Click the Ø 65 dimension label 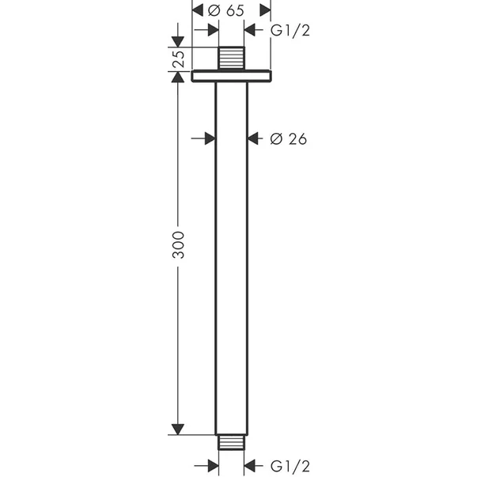[226, 10]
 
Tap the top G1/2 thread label [290, 30]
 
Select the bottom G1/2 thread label [290, 466]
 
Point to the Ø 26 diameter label [289, 139]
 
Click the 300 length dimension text [178, 245]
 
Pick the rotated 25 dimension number [179, 59]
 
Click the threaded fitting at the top [231, 58]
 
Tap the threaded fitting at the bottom [231, 442]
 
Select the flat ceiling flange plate [231, 76]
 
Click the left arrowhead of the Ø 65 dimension [198, 10]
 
